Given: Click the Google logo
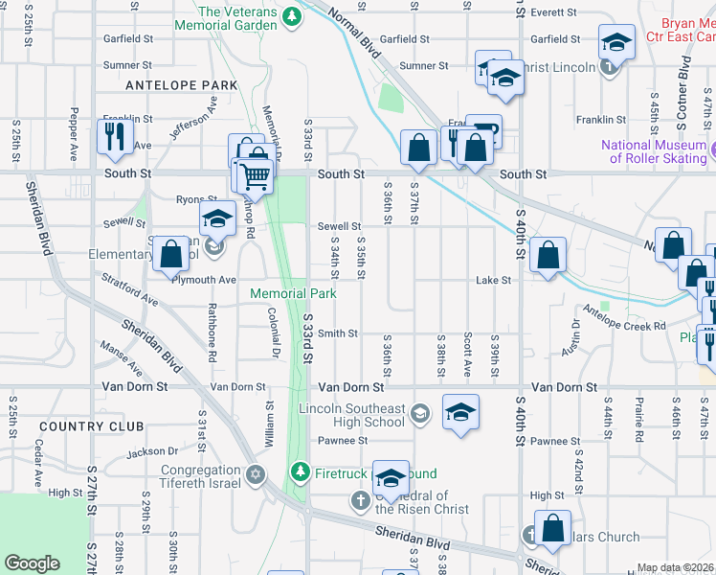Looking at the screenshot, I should (x=33, y=563).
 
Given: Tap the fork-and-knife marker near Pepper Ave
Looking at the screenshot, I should (x=115, y=135).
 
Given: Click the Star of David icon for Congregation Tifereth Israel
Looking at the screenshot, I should (x=256, y=473).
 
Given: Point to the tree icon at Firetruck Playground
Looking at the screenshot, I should (x=301, y=472).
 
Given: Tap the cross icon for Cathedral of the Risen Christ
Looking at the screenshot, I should (x=360, y=500).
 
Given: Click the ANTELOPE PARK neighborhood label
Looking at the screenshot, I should (x=181, y=85).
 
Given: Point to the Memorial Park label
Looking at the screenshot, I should (x=293, y=293).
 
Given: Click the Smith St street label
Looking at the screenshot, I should (x=338, y=333).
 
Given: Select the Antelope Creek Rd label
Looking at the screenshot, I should (x=624, y=327).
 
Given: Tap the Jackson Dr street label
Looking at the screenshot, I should (x=152, y=450).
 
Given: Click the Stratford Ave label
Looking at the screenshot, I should (x=129, y=287).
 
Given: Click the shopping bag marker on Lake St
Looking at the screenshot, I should (x=547, y=256).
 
